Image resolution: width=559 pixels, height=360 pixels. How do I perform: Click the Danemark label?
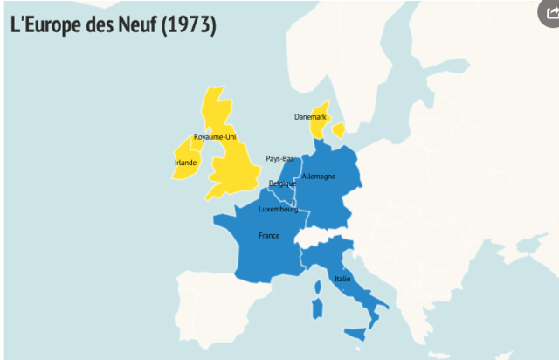click(310, 116)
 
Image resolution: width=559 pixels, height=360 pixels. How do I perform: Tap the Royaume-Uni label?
click(214, 137)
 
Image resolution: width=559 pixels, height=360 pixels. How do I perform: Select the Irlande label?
click(185, 163)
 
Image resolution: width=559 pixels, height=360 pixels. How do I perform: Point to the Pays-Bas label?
click(279, 158)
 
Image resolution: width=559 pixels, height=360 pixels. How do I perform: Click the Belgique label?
click(282, 183)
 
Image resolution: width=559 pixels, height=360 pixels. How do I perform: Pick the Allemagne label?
click(318, 177)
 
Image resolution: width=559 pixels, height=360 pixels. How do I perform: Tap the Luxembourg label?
click(279, 210)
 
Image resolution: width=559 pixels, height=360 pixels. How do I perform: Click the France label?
click(268, 236)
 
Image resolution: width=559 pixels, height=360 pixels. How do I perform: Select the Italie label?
click(342, 279)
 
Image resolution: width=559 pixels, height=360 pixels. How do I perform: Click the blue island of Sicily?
click(355, 332)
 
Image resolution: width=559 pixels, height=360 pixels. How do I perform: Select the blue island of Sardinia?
click(318, 307)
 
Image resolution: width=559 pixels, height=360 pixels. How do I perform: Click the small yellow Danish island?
click(338, 129)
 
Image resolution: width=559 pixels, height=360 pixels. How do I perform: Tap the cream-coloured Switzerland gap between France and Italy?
click(313, 238)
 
